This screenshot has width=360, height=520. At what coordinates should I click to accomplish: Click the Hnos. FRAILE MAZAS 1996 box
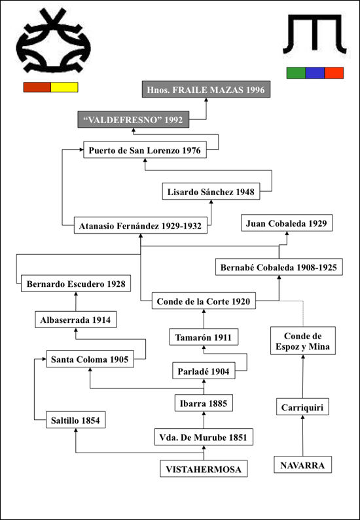pyautogui.click(x=206, y=89)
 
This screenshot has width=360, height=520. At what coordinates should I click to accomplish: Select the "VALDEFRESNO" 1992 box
pyautogui.click(x=133, y=119)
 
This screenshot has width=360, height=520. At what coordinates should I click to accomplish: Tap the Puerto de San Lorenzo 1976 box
pyautogui.click(x=145, y=150)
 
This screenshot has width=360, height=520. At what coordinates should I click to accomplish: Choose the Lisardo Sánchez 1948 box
pyautogui.click(x=211, y=191)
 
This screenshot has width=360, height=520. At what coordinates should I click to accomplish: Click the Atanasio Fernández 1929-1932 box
pyautogui.click(x=141, y=225)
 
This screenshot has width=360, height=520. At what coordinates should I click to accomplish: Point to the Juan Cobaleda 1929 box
pyautogui.click(x=287, y=223)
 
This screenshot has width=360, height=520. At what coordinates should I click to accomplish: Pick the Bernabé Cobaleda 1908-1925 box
pyautogui.click(x=279, y=267)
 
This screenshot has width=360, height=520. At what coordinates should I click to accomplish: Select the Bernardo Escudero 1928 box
pyautogui.click(x=76, y=283)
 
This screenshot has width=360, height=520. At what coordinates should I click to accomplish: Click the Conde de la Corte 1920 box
pyautogui.click(x=204, y=301)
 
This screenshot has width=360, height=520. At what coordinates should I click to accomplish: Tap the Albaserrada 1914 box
pyautogui.click(x=75, y=320)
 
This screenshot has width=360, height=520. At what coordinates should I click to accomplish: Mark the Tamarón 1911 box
pyautogui.click(x=204, y=337)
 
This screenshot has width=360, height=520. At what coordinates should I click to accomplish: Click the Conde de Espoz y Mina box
pyautogui.click(x=302, y=341)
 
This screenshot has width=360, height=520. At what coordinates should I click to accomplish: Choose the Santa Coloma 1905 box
pyautogui.click(x=90, y=359)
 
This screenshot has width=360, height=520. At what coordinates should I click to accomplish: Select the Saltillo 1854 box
pyautogui.click(x=75, y=420)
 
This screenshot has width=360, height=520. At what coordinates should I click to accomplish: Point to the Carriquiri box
pyautogui.click(x=302, y=407)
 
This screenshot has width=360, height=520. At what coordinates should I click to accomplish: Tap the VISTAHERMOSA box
pyautogui.click(x=204, y=469)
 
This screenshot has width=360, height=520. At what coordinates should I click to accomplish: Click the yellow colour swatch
pyautogui.click(x=64, y=87)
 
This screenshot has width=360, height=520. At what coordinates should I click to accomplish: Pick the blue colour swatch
pyautogui.click(x=315, y=73)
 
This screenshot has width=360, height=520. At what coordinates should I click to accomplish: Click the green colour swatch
pyautogui.click(x=296, y=73)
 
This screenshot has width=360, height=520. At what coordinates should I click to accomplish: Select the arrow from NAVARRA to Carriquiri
pyautogui.click(x=302, y=436)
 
